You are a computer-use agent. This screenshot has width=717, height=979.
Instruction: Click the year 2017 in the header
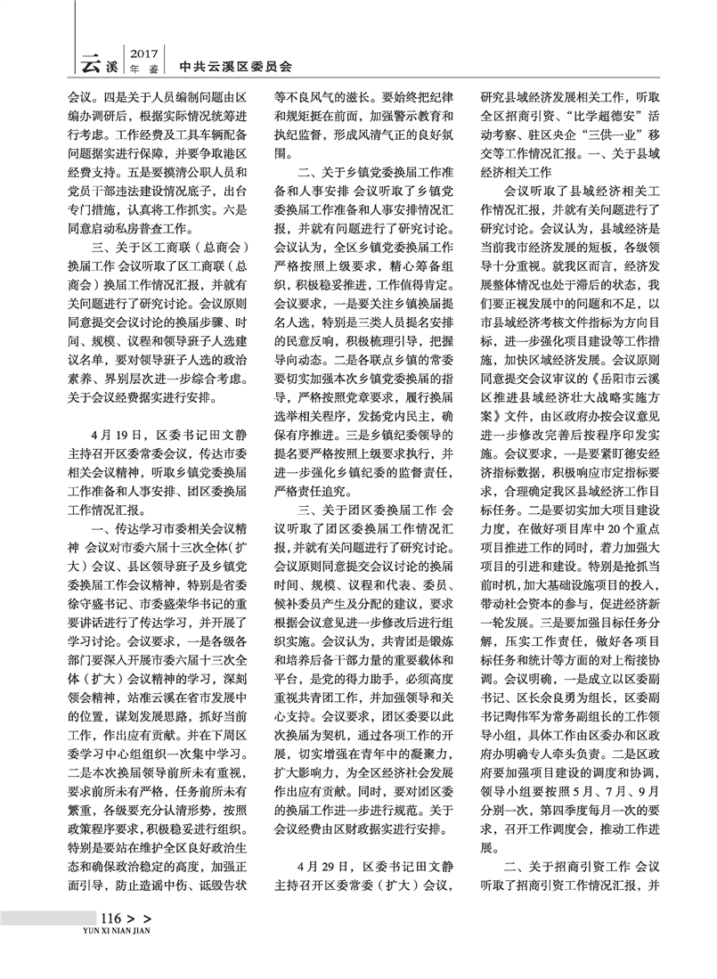[143, 53]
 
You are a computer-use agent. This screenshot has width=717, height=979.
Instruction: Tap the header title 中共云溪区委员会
[235, 65]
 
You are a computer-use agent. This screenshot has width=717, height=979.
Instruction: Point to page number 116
[110, 920]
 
